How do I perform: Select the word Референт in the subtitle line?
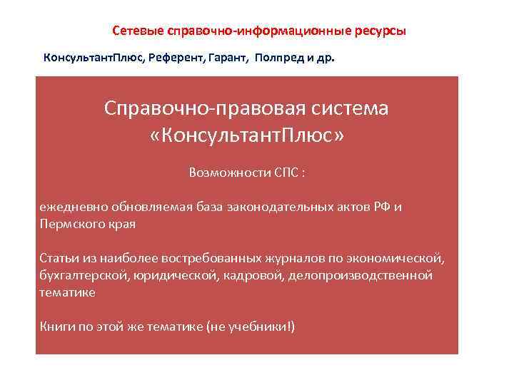click(175, 57)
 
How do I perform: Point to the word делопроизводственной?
click(360, 274)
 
